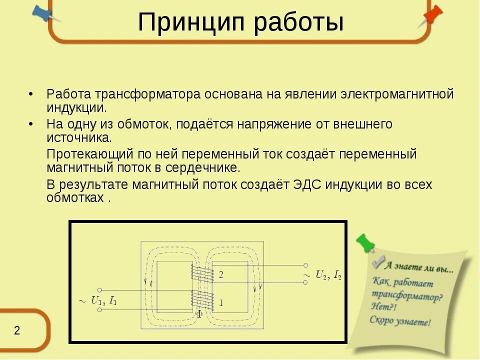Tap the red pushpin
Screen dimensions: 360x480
tap(432, 14)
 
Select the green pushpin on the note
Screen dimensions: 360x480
tap(365, 242)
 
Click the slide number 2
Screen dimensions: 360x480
tap(16, 331)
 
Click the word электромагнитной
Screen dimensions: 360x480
tap(397, 94)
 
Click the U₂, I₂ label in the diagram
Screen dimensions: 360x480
tap(328, 274)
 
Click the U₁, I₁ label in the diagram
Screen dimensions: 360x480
tap(103, 300)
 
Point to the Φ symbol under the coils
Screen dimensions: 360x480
tap(199, 314)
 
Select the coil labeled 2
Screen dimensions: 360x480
tap(201, 273)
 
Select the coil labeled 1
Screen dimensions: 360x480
tap(201, 299)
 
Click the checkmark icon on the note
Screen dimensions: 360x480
tap(378, 261)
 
